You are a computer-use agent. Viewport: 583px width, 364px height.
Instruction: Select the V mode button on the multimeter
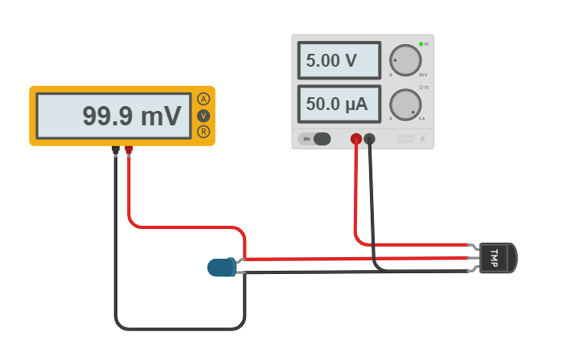click(203, 116)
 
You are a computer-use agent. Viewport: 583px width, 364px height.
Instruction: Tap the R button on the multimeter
click(203, 131)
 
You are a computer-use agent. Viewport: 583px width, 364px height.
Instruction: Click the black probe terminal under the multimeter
click(116, 149)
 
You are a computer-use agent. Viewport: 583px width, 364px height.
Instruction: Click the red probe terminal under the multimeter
click(129, 149)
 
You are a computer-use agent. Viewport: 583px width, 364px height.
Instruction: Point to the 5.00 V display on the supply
click(339, 60)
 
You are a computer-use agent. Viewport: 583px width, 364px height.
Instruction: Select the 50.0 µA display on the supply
click(339, 104)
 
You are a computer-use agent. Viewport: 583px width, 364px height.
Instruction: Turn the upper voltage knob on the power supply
click(405, 60)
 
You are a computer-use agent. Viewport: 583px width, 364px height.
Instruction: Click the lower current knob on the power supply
click(405, 104)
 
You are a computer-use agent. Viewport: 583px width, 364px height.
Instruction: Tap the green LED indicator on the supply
click(421, 44)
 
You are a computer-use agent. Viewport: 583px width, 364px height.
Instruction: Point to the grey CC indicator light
click(421, 87)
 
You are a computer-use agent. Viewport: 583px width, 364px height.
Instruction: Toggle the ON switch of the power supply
click(314, 139)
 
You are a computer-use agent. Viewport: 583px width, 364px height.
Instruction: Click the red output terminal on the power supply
click(356, 139)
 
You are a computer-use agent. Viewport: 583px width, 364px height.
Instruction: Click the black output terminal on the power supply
click(370, 139)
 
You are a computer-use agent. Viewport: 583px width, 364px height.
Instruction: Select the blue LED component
click(220, 267)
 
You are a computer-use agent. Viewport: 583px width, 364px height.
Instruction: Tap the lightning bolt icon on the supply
click(423, 139)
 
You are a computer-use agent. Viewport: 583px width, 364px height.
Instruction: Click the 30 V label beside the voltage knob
click(423, 75)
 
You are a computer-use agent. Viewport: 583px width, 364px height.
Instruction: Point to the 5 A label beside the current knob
click(423, 119)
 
